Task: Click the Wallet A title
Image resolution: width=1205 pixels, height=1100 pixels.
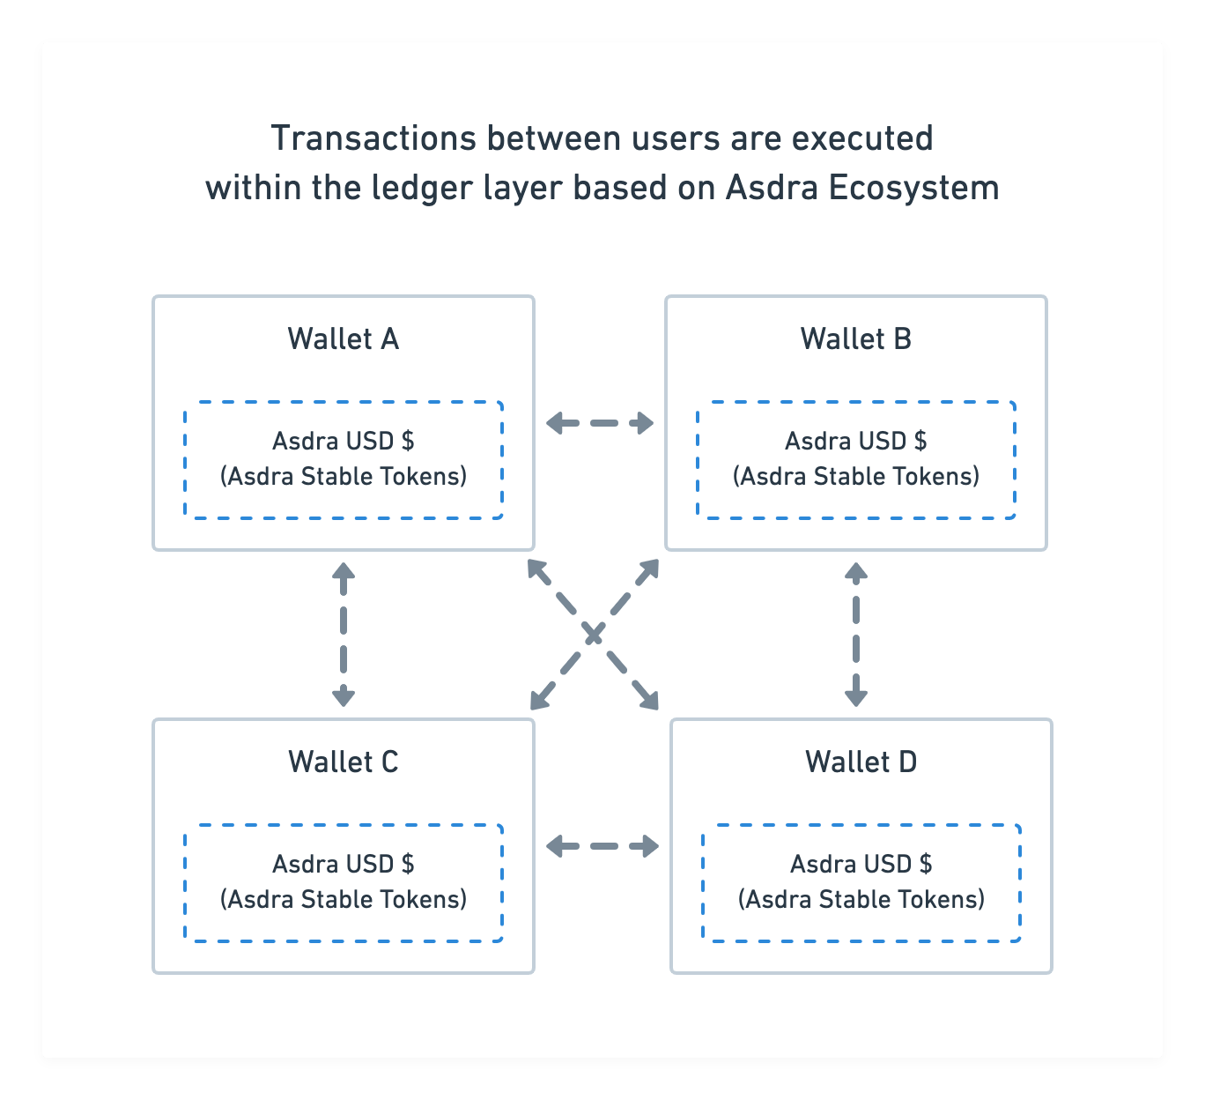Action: point(343,338)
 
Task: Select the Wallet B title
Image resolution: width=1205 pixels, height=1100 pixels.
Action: point(856,338)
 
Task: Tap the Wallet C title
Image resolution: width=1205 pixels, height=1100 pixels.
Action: point(343,762)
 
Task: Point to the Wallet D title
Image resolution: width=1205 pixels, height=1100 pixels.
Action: point(861,762)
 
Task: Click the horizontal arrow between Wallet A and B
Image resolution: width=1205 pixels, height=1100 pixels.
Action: point(600,423)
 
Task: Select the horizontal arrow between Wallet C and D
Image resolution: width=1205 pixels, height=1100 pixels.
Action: point(602,846)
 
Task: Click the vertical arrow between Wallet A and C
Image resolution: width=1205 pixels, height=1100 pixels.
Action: point(343,634)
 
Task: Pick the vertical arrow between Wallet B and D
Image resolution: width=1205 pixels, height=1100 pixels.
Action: point(856,634)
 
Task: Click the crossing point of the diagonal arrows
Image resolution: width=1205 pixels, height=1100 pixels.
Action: point(594,634)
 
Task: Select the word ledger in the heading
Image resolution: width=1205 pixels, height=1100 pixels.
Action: point(422,188)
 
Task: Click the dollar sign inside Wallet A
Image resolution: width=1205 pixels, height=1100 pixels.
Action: point(408,441)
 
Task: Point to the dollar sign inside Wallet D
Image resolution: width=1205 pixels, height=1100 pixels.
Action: point(926,864)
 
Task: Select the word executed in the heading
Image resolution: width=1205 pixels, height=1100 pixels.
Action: point(862,138)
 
